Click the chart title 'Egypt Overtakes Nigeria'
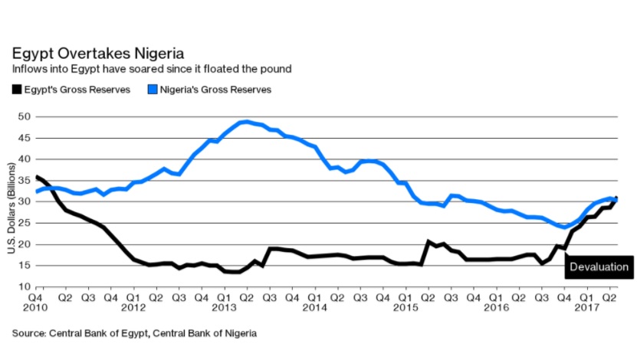pos(97,54)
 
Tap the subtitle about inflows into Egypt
pos(151,70)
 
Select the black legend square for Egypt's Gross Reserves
pos(16,90)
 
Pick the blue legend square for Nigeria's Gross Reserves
pos(150,90)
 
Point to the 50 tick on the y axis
pos(25,116)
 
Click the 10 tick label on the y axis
pos(25,287)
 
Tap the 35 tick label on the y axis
pos(25,181)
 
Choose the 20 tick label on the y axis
pos(25,244)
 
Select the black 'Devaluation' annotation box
pos(599,267)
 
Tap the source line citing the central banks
pos(133,333)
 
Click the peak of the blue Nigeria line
pos(245,122)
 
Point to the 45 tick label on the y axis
pos(25,138)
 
